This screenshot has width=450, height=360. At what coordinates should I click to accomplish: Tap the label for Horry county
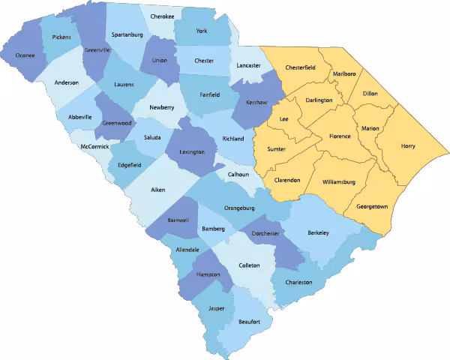(408, 146)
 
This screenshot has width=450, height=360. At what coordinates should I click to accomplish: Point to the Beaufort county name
(249, 322)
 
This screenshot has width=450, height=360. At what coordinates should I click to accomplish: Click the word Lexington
(192, 152)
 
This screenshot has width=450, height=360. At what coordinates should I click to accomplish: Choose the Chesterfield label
(300, 67)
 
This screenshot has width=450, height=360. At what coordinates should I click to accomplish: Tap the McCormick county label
(94, 146)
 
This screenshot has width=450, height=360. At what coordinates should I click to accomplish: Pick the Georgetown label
(372, 205)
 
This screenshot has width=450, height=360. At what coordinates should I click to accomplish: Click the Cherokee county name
(162, 16)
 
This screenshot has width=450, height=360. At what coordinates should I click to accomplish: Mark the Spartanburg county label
(127, 34)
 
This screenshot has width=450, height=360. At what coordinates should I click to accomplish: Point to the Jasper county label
(217, 309)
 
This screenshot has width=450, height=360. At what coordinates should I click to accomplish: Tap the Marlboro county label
(344, 73)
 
